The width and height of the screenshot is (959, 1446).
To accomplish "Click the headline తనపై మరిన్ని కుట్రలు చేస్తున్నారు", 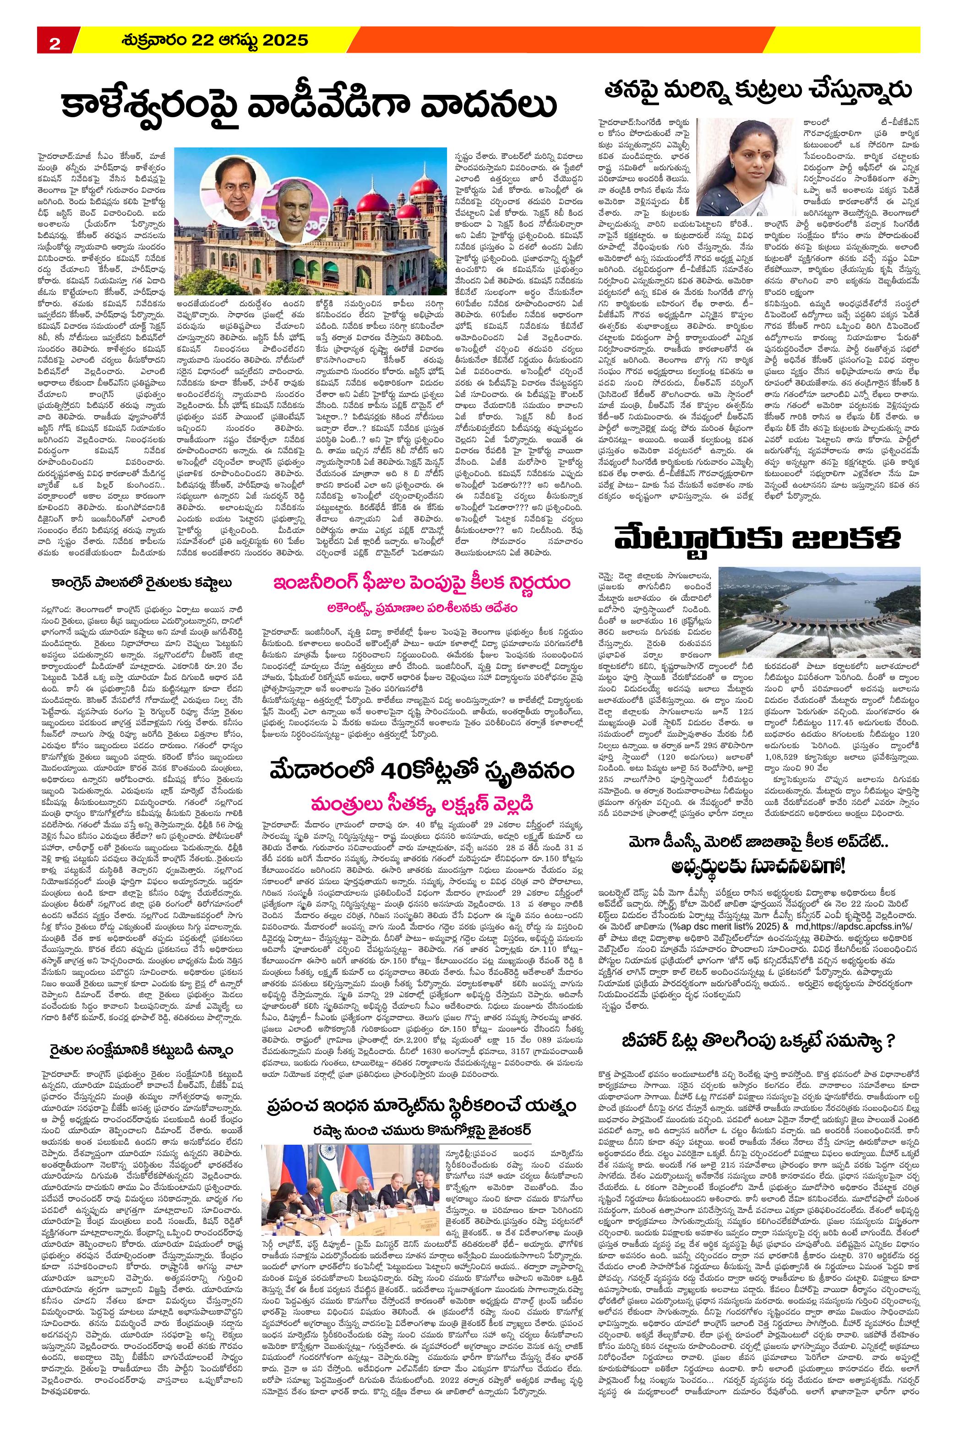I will [x=757, y=89].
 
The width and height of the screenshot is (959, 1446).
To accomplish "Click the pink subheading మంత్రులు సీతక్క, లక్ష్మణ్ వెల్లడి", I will [x=422, y=800].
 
